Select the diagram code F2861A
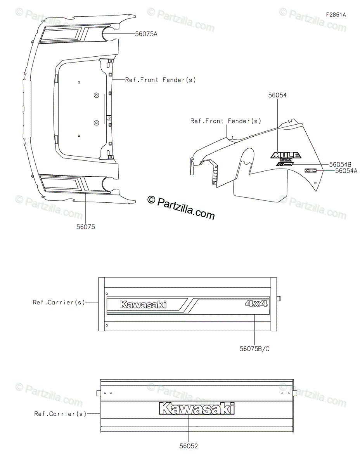click(x=336, y=15)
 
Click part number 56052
click(x=188, y=446)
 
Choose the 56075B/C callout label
click(x=254, y=349)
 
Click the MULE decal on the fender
click(x=286, y=155)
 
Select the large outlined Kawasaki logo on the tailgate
click(x=197, y=409)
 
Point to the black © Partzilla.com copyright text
click(x=181, y=207)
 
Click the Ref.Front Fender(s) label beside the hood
click(x=160, y=80)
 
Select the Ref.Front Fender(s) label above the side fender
click(x=226, y=121)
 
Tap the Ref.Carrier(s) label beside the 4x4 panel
click(x=59, y=302)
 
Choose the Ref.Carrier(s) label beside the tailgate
click(x=60, y=414)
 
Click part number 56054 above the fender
click(x=277, y=95)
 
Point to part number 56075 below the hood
click(x=85, y=227)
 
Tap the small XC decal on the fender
click(x=310, y=170)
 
